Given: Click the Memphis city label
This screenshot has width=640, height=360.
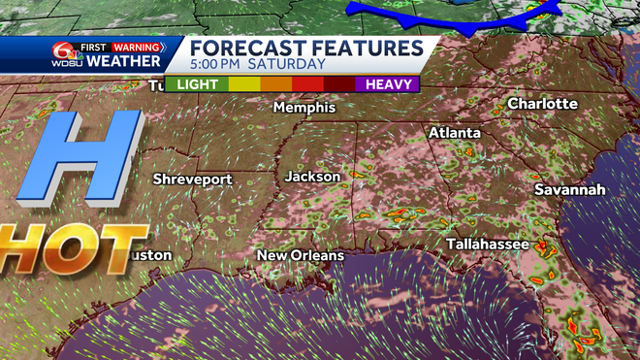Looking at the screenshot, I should pyautogui.click(x=303, y=107).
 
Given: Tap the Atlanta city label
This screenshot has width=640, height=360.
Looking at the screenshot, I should pyautogui.click(x=455, y=132).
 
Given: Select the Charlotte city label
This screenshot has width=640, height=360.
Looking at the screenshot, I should pyautogui.click(x=542, y=103).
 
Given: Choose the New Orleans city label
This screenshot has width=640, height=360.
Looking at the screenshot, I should pyautogui.click(x=300, y=255).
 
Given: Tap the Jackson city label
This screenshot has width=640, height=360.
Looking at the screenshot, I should pyautogui.click(x=312, y=177).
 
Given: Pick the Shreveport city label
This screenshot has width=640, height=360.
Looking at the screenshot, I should pyautogui.click(x=193, y=180).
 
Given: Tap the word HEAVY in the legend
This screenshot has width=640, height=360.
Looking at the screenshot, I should pyautogui.click(x=391, y=84).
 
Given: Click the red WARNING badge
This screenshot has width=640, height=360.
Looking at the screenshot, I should pyautogui.click(x=138, y=45).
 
